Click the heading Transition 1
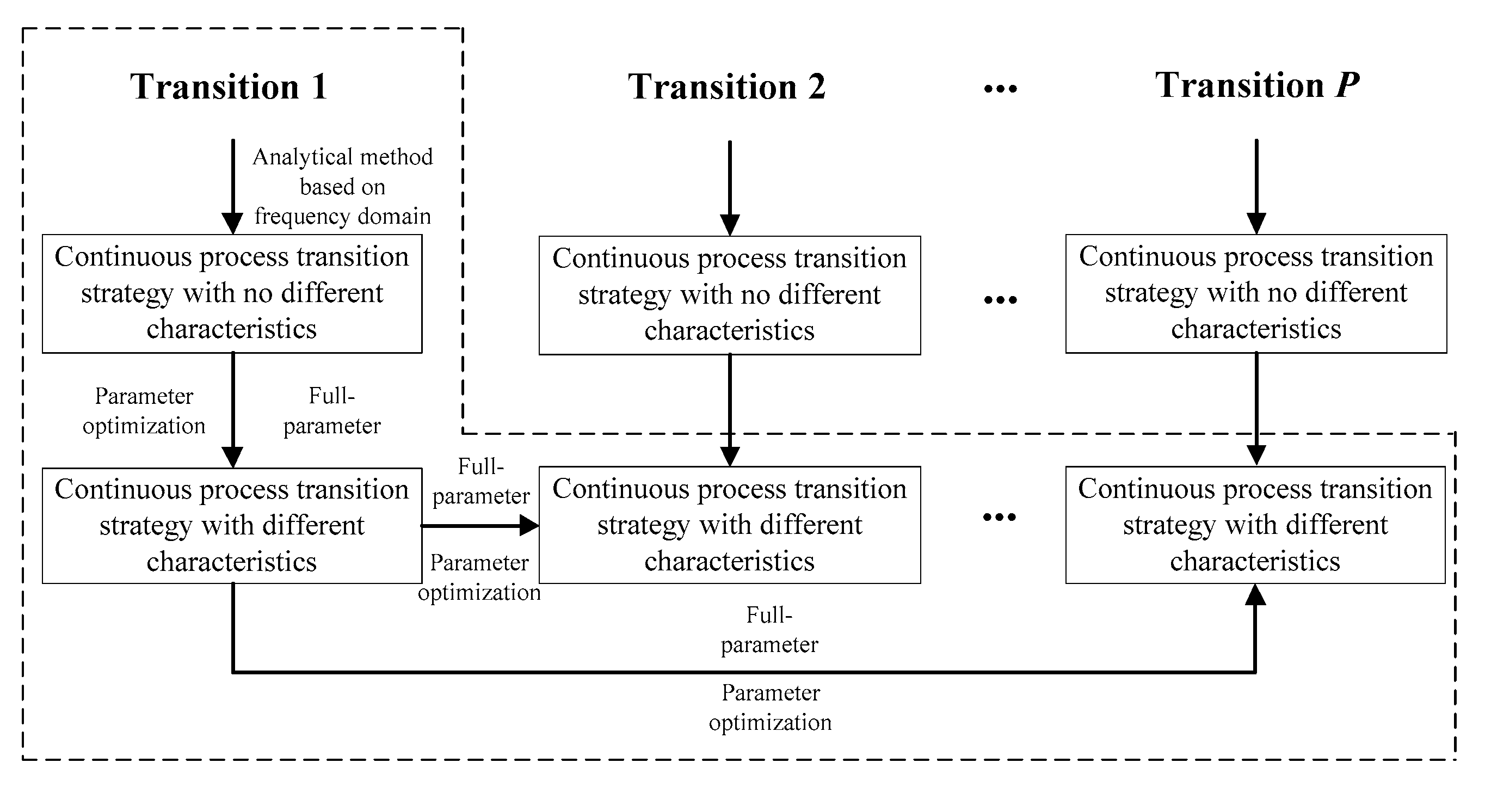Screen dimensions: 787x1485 pos(229,87)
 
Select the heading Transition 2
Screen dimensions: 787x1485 pos(726,87)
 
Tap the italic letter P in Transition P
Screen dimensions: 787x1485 pos(1347,85)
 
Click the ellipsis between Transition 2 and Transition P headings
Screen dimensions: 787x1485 pos(1000,89)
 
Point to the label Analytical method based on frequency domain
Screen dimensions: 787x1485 pos(342,186)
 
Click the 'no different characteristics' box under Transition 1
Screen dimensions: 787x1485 pos(232,293)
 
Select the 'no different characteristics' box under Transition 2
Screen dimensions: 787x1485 pos(729,294)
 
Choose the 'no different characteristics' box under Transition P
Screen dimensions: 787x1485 pos(1255,293)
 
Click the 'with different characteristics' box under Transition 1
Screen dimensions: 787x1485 pos(232,525)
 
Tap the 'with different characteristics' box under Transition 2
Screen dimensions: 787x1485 pos(729,525)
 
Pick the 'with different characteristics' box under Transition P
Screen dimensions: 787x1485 pos(1255,525)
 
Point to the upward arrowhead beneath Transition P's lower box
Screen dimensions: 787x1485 pos(1255,595)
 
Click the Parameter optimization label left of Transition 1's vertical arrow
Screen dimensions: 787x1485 pos(144,410)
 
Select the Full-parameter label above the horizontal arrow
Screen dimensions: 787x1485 pos(481,481)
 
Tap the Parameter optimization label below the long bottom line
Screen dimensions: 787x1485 pos(770,707)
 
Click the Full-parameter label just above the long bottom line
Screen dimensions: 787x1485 pos(769,630)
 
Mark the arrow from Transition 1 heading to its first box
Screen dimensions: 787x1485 pos(233,185)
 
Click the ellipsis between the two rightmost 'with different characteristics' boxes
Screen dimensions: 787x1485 pos(999,517)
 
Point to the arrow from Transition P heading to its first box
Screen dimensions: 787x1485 pos(1256,185)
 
